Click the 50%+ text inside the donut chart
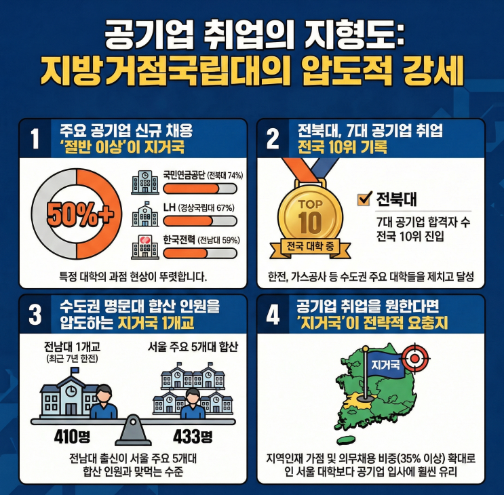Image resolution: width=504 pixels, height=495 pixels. click(x=80, y=214)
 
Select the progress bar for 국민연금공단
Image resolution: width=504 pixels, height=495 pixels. click(x=200, y=189)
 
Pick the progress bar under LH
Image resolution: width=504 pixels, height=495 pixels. click(x=200, y=221)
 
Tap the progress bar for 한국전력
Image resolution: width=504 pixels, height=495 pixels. click(x=200, y=254)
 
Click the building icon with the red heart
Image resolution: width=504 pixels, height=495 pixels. click(x=145, y=247)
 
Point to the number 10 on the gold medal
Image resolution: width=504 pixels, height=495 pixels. click(x=309, y=222)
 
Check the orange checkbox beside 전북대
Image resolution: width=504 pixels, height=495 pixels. click(x=365, y=198)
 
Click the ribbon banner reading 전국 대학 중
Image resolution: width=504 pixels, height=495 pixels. click(x=310, y=248)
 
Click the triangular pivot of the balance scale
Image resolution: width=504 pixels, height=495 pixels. click(x=133, y=430)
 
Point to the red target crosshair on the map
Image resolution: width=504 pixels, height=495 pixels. click(x=415, y=358)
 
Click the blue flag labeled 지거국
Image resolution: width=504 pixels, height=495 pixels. click(x=385, y=365)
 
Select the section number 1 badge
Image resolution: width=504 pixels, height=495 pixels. click(x=35, y=138)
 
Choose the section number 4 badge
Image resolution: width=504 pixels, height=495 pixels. click(x=273, y=315)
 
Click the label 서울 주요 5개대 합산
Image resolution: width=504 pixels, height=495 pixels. click(x=193, y=347)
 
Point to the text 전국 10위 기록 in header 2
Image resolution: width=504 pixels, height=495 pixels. click(x=343, y=147)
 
